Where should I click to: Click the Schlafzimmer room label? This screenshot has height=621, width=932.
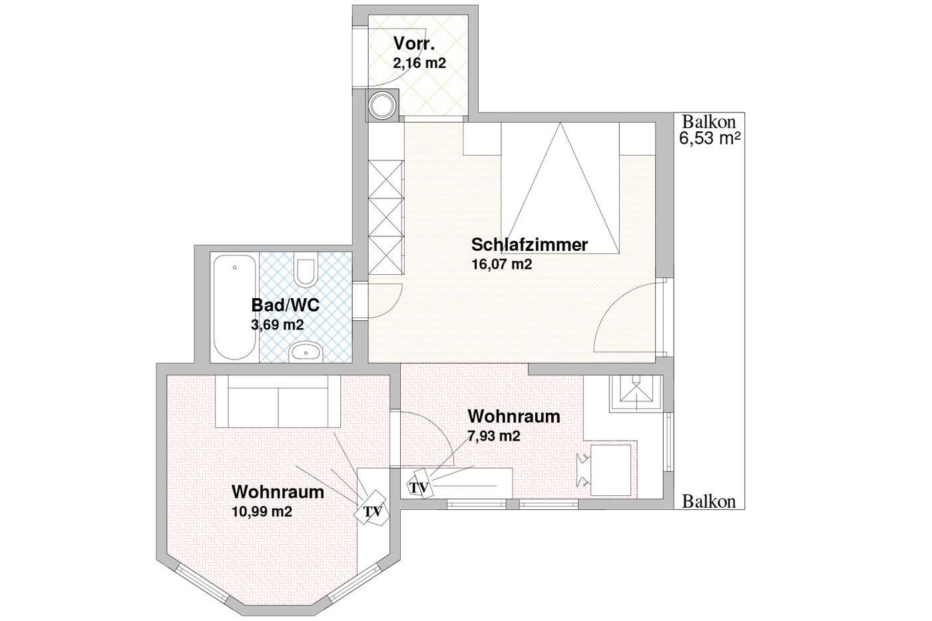click(529, 245)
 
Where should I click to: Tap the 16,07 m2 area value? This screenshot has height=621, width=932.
click(502, 264)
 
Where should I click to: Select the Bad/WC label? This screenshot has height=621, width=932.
click(286, 306)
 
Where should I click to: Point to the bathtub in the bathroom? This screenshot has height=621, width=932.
click(234, 307)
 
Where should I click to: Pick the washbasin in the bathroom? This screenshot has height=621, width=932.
click(306, 352)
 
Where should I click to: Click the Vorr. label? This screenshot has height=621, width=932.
click(414, 44)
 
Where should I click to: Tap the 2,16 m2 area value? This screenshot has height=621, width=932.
click(419, 63)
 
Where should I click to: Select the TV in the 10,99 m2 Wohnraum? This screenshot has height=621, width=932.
click(371, 509)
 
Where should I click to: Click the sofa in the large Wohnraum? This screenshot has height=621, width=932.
click(278, 401)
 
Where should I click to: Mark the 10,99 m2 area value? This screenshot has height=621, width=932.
click(262, 511)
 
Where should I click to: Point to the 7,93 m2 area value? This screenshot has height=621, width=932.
click(494, 436)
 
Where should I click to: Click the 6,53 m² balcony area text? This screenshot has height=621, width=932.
click(710, 138)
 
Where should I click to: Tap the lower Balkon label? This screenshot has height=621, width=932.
click(708, 502)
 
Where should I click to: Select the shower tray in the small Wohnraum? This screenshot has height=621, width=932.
click(636, 393)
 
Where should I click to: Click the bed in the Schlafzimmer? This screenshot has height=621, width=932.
click(560, 188)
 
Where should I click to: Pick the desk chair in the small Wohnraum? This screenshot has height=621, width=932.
click(583, 471)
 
